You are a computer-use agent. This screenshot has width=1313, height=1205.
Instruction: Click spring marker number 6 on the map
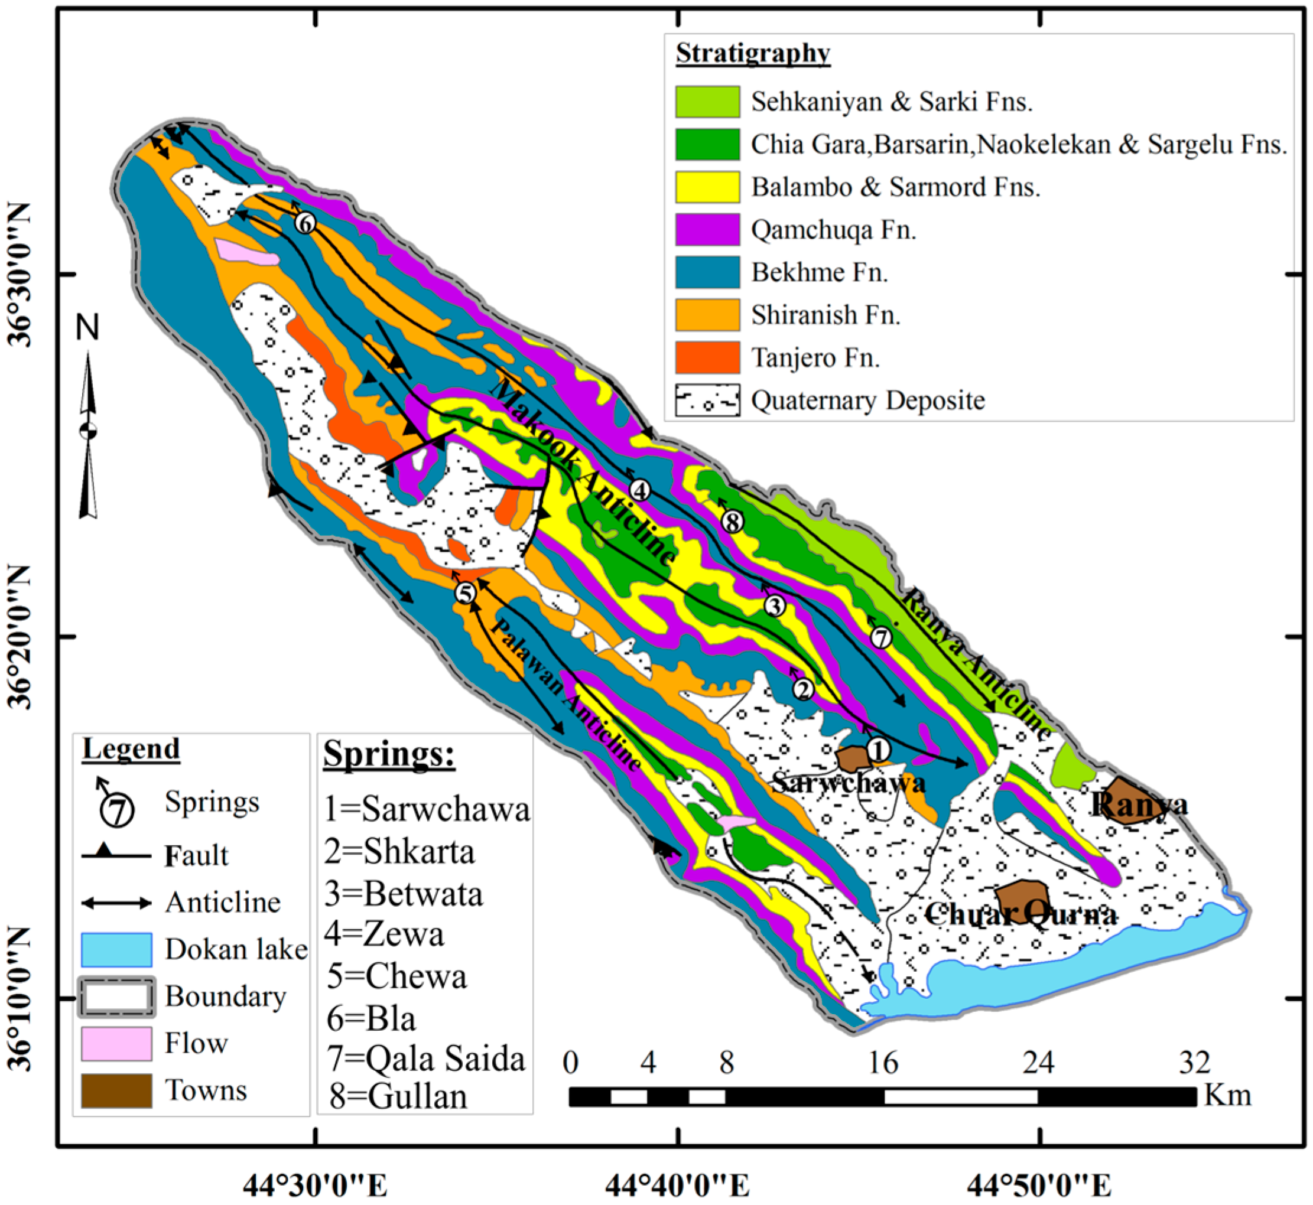coord(304,224)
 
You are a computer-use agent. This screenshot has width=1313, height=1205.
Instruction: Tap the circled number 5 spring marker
coord(464,594)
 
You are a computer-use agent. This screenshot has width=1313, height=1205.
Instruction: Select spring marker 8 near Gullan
coord(733,522)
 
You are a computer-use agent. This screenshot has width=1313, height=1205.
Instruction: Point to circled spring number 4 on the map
coord(640,490)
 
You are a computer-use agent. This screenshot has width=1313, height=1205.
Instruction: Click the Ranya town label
coord(1138,805)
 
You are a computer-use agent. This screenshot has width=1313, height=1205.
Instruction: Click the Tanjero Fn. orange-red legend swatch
coord(707,357)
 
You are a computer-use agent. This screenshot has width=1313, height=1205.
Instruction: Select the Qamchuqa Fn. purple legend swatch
coord(707,230)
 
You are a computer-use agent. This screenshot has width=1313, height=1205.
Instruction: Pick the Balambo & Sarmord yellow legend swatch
coord(707,187)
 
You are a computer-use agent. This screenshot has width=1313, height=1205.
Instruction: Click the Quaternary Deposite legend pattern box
coord(707,400)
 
